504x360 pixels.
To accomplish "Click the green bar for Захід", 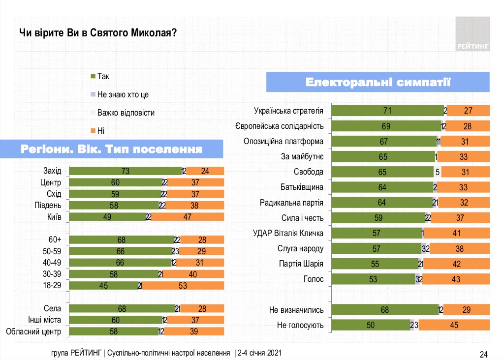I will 126,171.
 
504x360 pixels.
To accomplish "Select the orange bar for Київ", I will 188,217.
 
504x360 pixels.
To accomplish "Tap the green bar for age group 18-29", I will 104,285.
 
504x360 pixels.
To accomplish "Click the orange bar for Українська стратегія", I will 468,111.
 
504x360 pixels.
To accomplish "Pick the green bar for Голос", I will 373,279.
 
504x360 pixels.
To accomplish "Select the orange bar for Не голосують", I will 454,325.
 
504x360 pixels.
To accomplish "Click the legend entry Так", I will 100,77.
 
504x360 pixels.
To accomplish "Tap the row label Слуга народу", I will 301,248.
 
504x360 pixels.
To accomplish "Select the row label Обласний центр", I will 33,331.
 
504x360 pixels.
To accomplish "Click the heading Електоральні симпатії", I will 378,82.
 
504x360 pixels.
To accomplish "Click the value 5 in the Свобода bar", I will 437,172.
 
